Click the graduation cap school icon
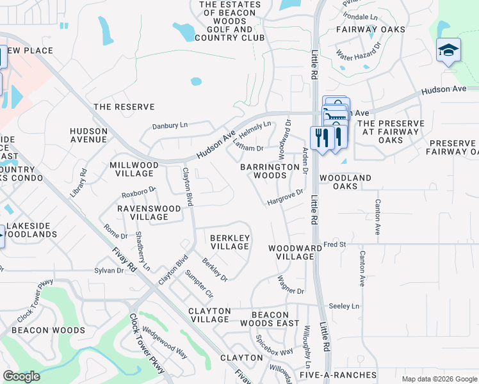click(x=448, y=51)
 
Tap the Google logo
click(x=21, y=376)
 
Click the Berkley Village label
click(x=229, y=242)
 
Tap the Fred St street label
click(x=334, y=244)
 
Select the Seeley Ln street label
click(x=344, y=307)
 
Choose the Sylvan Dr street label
click(x=109, y=271)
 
